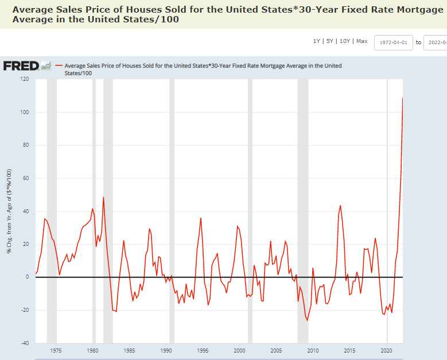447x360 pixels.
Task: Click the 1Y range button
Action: pos(316,41)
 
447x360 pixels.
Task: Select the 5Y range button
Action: pos(329,41)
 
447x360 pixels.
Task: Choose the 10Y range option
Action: pos(345,41)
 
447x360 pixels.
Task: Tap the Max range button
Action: pos(362,41)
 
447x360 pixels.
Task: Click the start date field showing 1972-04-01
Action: pos(393,42)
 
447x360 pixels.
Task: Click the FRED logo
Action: pos(21,66)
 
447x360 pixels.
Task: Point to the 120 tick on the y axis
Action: pos(24,79)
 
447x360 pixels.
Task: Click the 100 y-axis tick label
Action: pos(24,112)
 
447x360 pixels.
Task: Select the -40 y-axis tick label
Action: pos(24,343)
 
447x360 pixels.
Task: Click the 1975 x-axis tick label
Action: pos(56,350)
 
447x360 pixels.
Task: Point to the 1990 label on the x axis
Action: pos(166,350)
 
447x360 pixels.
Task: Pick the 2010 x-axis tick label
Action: pos(313,350)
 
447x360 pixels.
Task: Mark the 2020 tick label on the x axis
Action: pos(386,350)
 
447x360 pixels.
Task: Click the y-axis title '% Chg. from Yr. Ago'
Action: pos(9,212)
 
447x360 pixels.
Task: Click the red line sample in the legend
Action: pos(59,66)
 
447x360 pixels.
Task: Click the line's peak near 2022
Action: pos(402,98)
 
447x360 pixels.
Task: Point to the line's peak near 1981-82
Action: pos(103,197)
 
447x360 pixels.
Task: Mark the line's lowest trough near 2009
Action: pos(307,320)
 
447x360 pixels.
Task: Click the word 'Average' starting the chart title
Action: pos(31,10)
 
